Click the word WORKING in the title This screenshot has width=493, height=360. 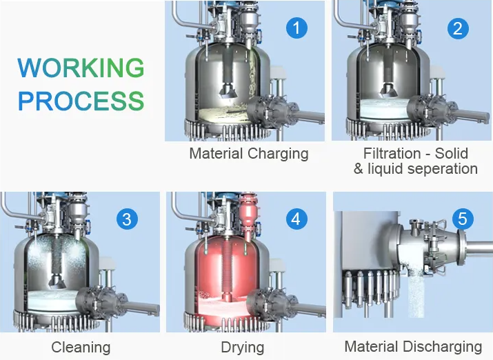tap(81, 68)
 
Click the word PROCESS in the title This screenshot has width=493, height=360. tap(81, 101)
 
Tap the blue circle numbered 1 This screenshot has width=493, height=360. tap(296, 28)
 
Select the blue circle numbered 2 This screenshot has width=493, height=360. tap(458, 28)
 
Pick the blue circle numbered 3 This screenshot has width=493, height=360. tap(127, 219)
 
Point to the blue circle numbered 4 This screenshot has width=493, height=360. tap(296, 219)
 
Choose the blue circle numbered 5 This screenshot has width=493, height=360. tap(463, 219)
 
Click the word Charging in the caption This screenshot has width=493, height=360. tap(278, 154)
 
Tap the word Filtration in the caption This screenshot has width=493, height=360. tap(392, 153)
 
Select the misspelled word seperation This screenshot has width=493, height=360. tap(443, 169)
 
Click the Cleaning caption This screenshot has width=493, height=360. tap(81, 348)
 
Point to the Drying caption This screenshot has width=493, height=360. tap(243, 348)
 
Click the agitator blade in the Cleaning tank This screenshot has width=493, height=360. tap(57, 281)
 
